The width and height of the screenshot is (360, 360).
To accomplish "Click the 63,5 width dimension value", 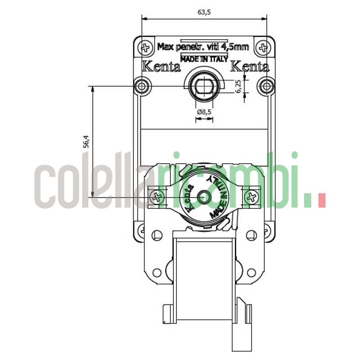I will point(204,12).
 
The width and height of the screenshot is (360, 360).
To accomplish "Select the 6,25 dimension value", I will point(238,86).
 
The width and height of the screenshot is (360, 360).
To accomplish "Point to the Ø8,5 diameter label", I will point(204,112).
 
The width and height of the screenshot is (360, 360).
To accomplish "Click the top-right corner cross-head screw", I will point(263,47).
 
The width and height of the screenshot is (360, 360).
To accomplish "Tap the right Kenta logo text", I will point(250,67).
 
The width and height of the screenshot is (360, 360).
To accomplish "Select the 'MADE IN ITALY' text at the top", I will point(204,58).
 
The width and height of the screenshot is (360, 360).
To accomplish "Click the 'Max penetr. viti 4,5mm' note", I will point(203,46).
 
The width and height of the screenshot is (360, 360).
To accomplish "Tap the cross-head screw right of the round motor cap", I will point(252,197).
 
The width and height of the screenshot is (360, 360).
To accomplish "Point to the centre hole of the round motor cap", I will point(204,197).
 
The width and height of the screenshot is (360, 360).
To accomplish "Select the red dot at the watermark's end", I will point(321,201).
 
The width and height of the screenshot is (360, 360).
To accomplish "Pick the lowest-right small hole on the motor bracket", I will point(252,272).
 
